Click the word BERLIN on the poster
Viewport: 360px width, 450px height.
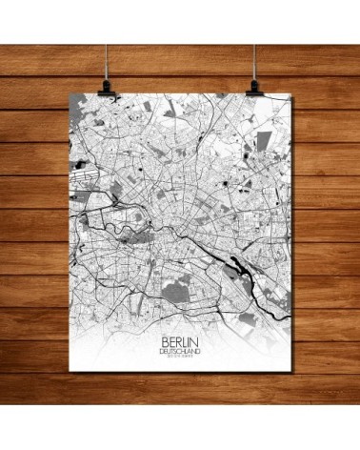tap(180, 337)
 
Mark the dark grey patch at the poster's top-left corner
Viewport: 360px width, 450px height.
tap(79, 107)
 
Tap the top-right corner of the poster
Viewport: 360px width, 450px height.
tap(290, 96)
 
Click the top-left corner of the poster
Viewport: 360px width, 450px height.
tap(70, 96)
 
